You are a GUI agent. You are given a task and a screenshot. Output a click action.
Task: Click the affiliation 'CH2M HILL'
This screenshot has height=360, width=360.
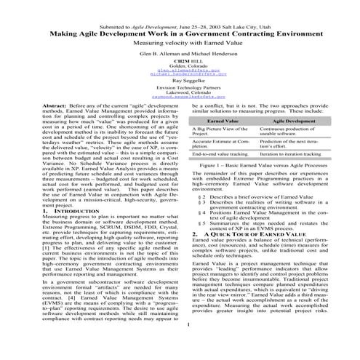(x=180, y=65)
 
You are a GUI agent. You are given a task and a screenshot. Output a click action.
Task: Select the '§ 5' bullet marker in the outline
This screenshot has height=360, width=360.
(x=201, y=243)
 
